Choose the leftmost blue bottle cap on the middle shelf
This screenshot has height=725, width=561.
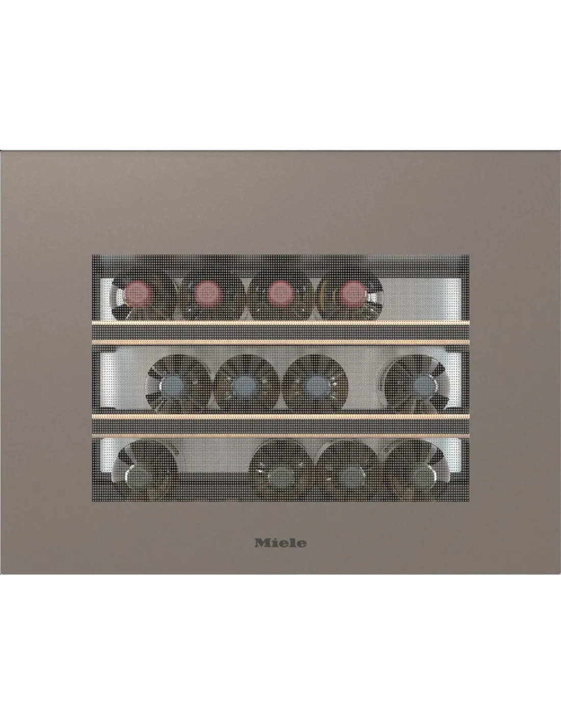click(x=174, y=388)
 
